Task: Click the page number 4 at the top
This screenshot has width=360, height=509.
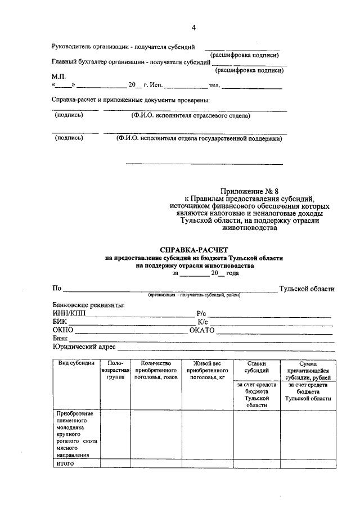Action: pyautogui.click(x=193, y=28)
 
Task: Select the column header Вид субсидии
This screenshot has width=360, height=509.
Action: pyautogui.click(x=76, y=363)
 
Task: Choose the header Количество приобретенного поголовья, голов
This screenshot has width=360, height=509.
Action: pyautogui.click(x=156, y=371)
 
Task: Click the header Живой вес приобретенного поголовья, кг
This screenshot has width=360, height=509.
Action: pyautogui.click(x=206, y=371)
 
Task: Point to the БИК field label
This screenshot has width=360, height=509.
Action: pyautogui.click(x=59, y=322)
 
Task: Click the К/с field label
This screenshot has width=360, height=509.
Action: pyautogui.click(x=203, y=322)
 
